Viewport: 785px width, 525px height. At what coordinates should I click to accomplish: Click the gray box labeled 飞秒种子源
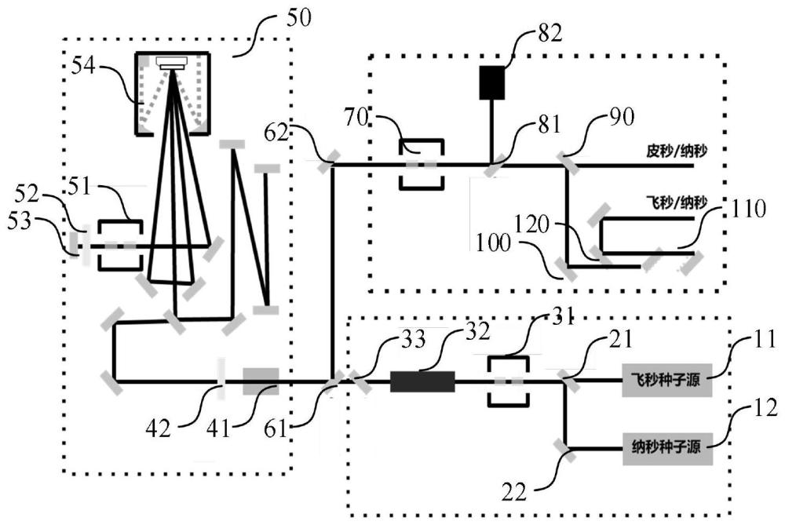coord(666,380)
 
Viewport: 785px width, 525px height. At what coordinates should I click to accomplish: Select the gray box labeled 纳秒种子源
coord(667,448)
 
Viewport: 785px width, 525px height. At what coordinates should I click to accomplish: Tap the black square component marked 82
coord(492,82)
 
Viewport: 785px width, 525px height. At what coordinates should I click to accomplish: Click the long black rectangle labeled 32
coord(422,381)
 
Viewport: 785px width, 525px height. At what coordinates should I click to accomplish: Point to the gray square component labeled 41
coord(261,381)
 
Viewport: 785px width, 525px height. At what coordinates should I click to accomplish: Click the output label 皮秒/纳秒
coord(676,151)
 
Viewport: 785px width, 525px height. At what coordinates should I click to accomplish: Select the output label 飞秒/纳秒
coord(676,202)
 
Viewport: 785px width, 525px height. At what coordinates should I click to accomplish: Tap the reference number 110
coord(749,208)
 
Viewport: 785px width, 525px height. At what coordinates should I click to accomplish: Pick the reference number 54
coord(82,65)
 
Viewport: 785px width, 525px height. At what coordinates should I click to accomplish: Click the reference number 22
coord(514,493)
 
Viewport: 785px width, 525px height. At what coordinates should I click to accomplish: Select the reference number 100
coord(493,244)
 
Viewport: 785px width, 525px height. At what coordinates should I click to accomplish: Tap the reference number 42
coord(159,429)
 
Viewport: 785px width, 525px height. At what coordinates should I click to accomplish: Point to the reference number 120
coord(531,225)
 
